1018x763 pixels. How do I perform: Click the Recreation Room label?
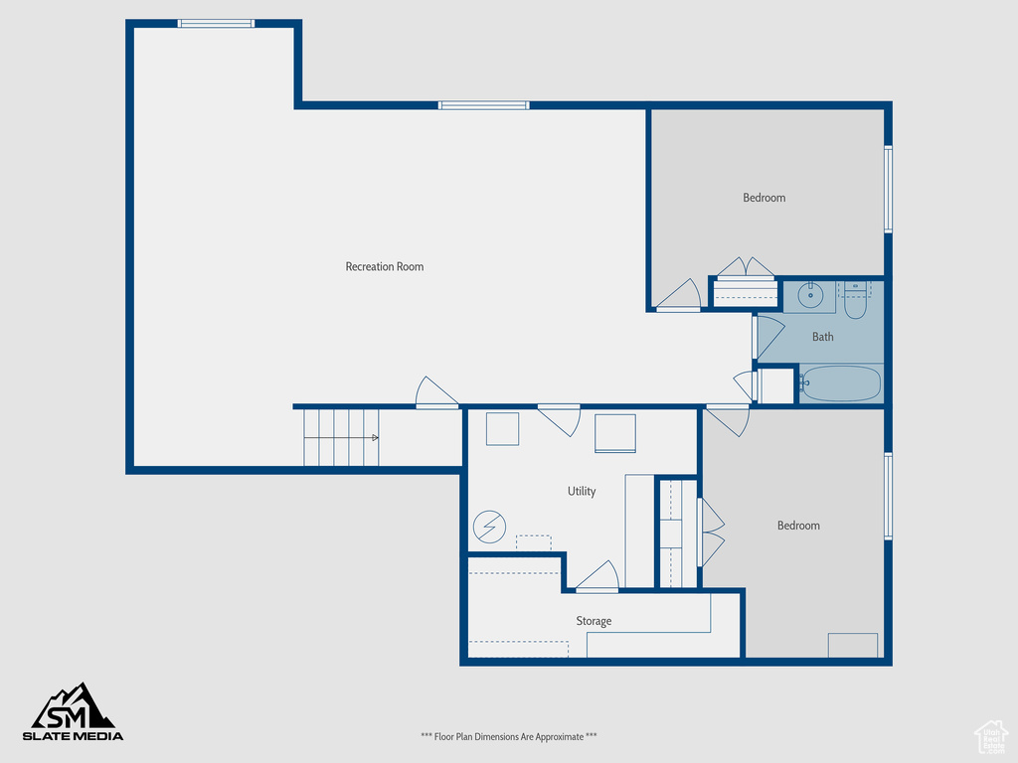click(384, 266)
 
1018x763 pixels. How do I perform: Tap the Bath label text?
click(822, 337)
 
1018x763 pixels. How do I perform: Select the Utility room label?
click(582, 491)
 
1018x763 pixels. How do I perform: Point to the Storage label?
click(594, 621)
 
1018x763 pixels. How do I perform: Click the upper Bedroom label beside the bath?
click(763, 198)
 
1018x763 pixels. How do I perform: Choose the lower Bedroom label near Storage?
click(798, 526)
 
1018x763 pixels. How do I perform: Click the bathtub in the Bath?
click(840, 383)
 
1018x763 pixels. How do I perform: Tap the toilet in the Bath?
click(855, 301)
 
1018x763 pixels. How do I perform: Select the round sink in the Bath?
click(809, 295)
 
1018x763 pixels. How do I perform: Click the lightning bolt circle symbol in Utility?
click(489, 527)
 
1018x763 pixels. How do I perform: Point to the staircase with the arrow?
click(341, 437)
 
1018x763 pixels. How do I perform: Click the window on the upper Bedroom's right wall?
click(888, 189)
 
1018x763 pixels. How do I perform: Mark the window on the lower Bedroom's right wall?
click(888, 496)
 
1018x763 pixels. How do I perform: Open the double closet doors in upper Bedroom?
click(746, 268)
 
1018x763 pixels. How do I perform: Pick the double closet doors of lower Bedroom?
click(711, 533)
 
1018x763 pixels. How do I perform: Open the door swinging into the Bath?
click(767, 335)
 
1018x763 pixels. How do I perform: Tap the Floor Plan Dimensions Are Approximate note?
click(509, 736)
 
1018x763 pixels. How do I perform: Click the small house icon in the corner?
click(990, 736)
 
